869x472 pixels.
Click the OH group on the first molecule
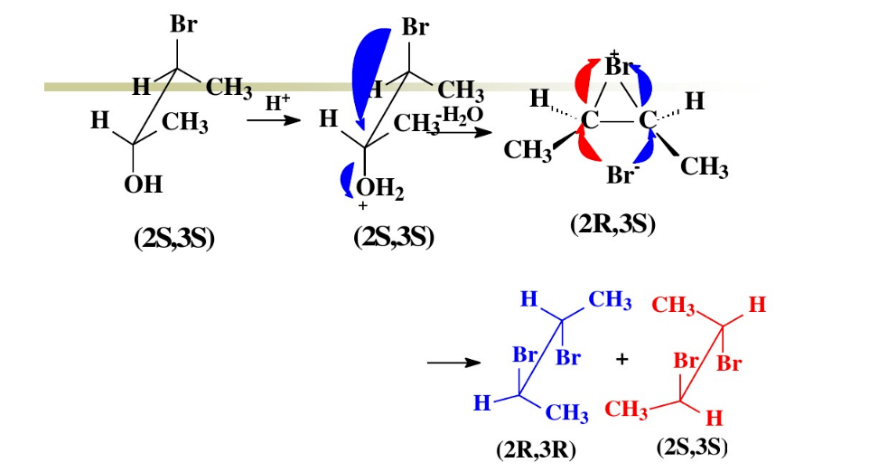143,184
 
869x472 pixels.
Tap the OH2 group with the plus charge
379,190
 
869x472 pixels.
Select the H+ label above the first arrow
277,102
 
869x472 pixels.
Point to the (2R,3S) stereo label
613,224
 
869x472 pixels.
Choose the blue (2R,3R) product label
537,449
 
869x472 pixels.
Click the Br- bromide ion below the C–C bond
621,175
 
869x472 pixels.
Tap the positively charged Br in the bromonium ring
617,65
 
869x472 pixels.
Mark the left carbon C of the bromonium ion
589,119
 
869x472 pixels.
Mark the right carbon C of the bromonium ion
648,119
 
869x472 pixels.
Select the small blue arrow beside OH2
347,180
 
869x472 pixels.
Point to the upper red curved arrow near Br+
586,80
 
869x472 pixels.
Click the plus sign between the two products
621,359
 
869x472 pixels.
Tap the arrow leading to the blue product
453,363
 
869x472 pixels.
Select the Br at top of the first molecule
183,24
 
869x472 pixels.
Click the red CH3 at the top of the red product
673,306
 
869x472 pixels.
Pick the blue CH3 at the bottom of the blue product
566,412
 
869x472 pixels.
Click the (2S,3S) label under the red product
692,447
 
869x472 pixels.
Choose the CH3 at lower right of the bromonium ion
704,166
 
